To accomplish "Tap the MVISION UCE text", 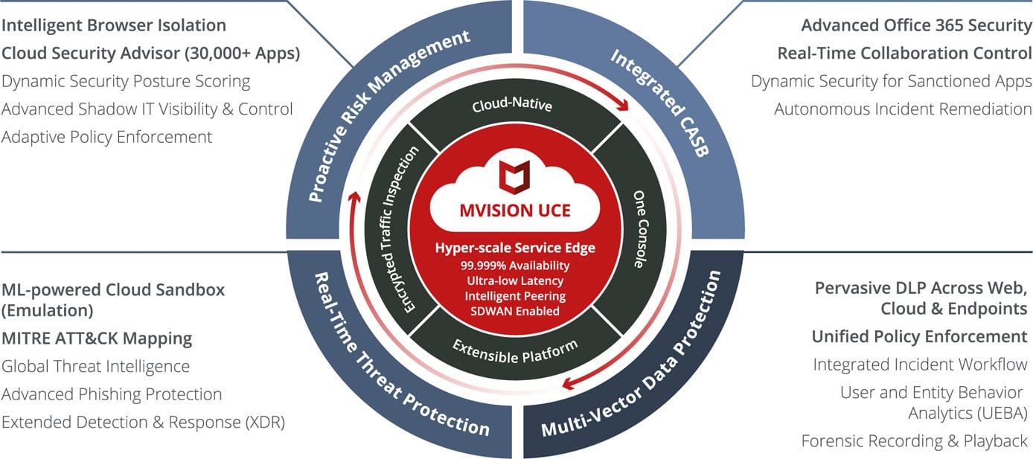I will [x=515, y=211].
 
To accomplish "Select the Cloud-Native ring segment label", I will [x=512, y=106].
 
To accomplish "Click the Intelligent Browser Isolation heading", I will [x=113, y=25].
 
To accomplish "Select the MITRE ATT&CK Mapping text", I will [x=97, y=338].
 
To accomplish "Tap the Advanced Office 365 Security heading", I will [x=916, y=25].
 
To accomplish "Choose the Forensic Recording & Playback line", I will [x=914, y=440].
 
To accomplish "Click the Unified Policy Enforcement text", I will [x=919, y=336].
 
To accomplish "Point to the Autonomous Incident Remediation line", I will [x=903, y=109].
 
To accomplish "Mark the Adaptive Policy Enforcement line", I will [x=106, y=137].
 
